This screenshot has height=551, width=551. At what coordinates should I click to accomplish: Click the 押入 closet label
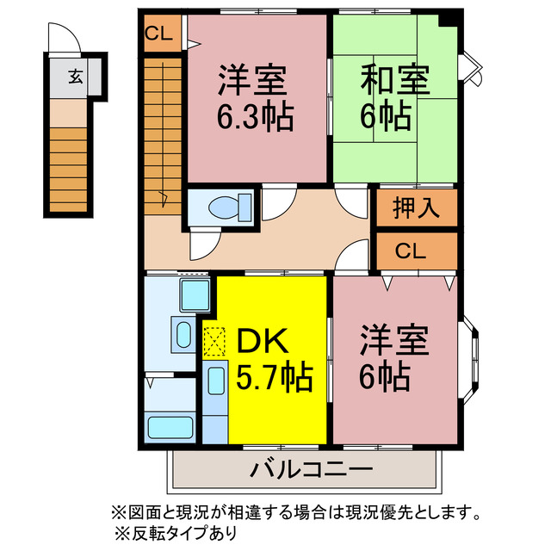(416, 207)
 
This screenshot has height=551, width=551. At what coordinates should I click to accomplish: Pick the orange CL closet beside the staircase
(162, 35)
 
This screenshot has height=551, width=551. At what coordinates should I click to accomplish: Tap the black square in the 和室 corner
(446, 21)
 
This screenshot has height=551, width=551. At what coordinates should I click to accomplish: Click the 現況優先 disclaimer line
(293, 514)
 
